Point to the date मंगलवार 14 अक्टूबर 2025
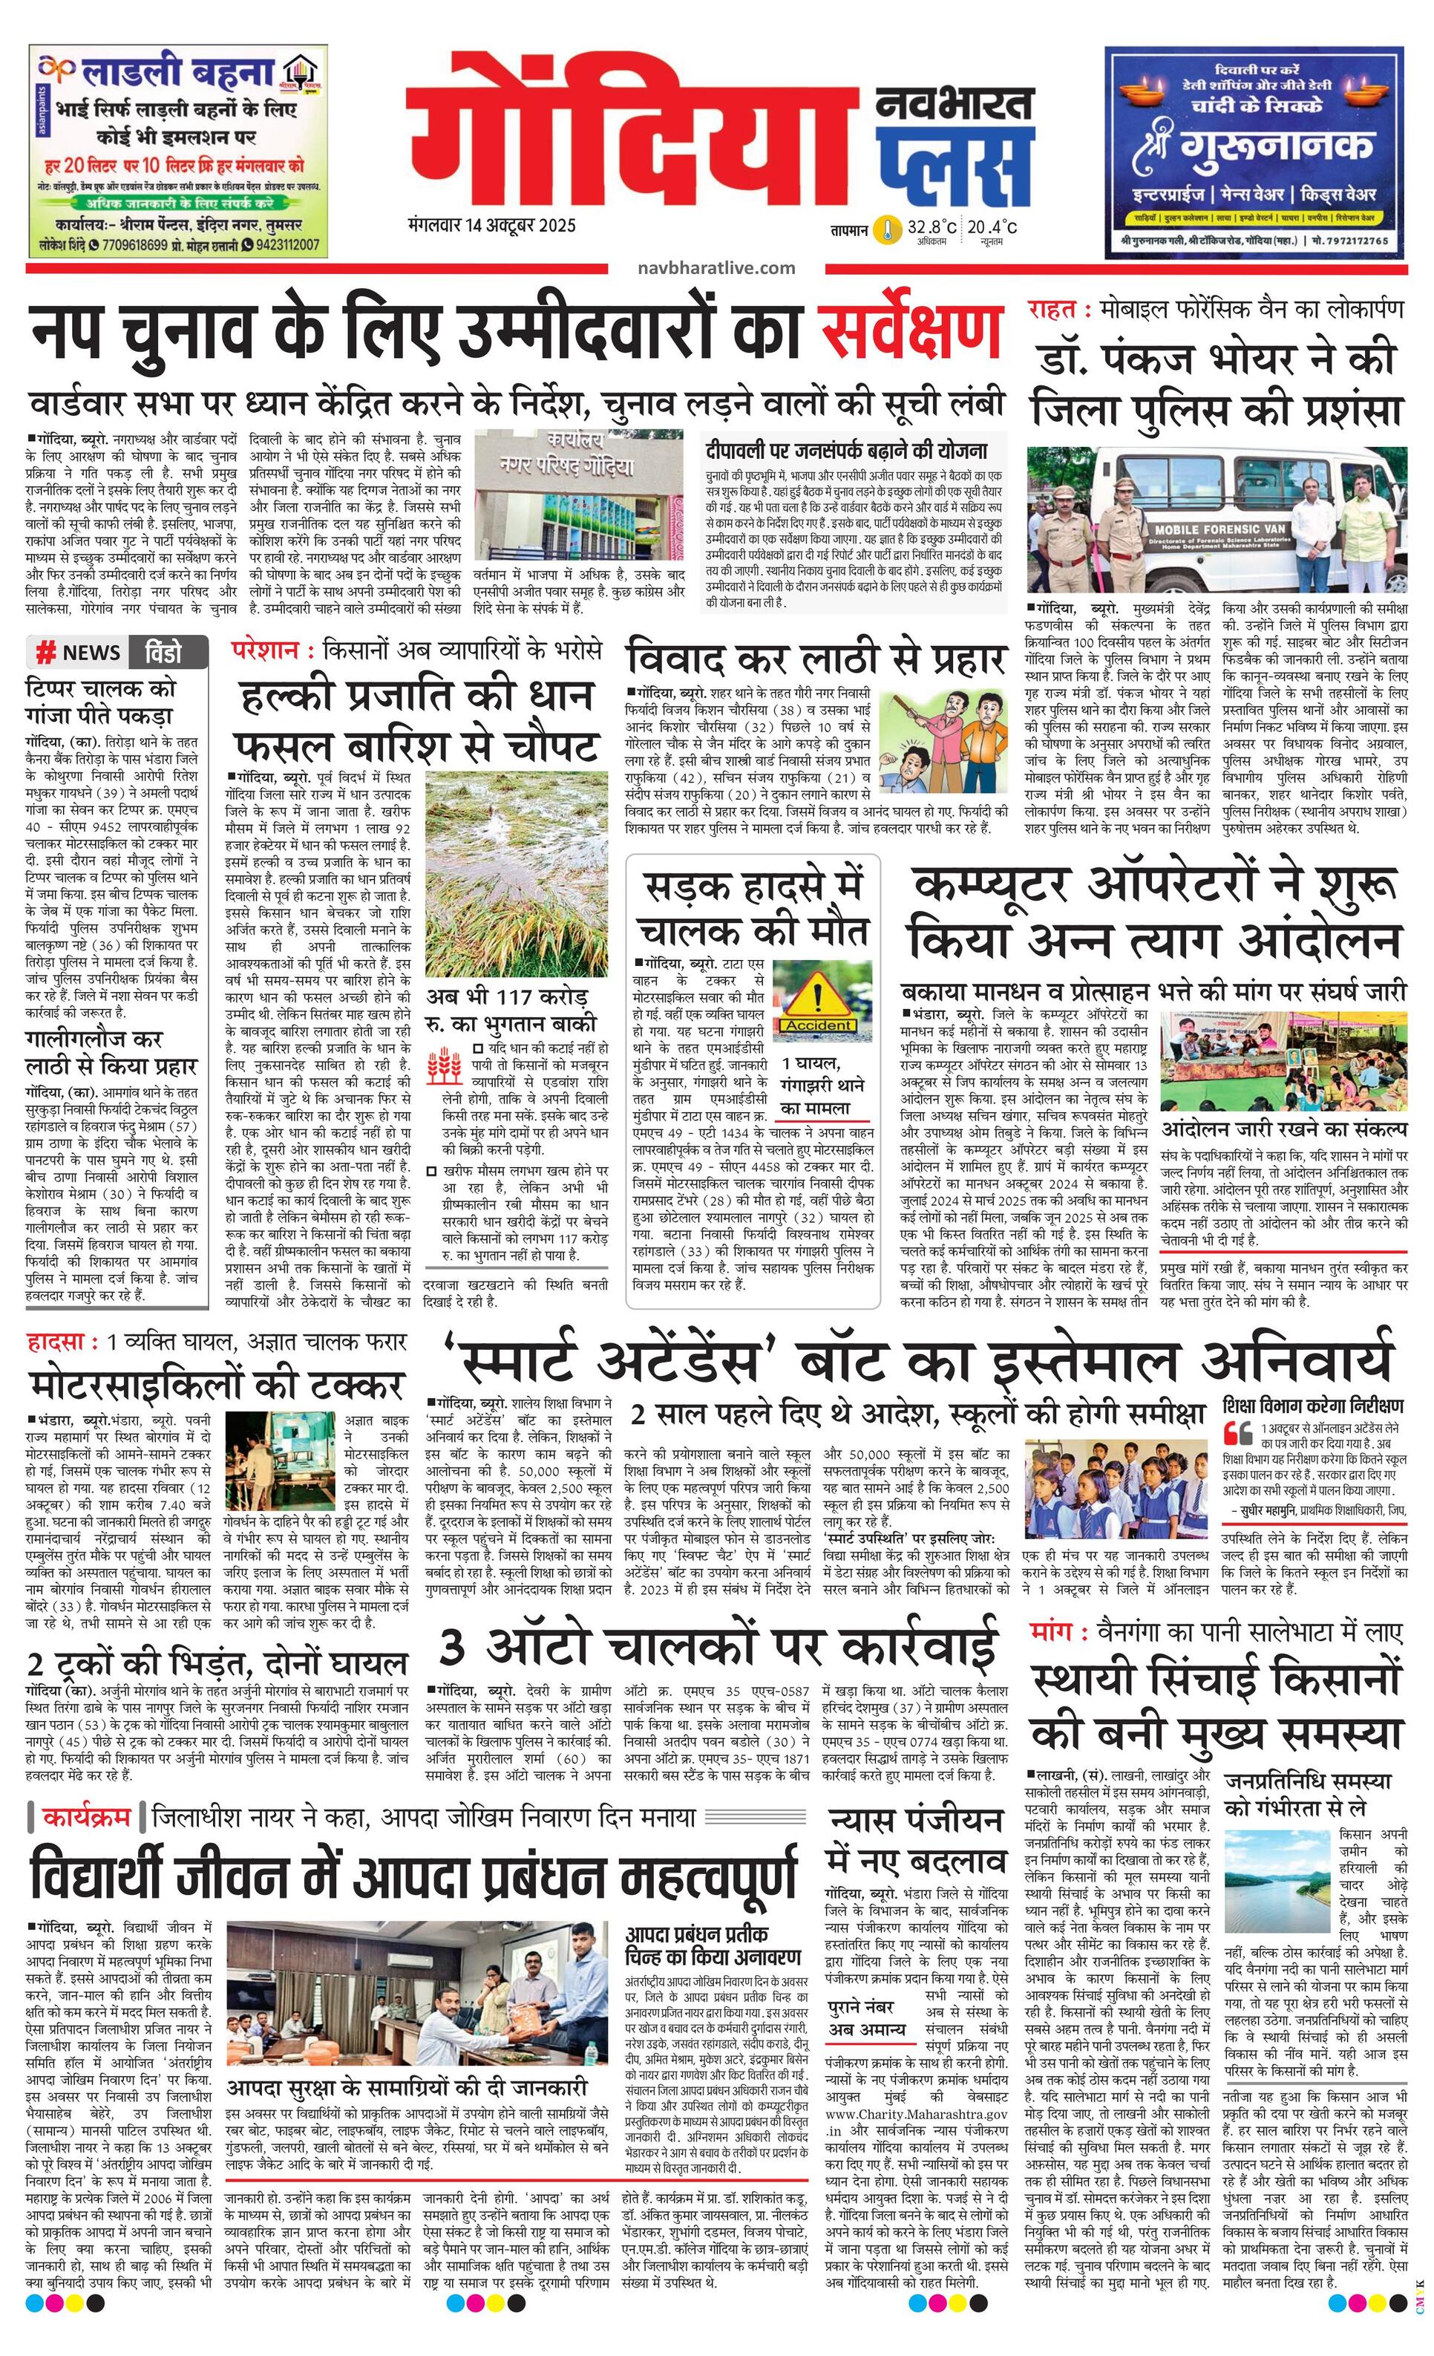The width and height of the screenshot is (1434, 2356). (491, 226)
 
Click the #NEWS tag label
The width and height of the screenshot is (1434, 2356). (79, 653)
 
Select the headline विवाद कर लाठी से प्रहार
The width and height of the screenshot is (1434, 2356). (816, 661)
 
